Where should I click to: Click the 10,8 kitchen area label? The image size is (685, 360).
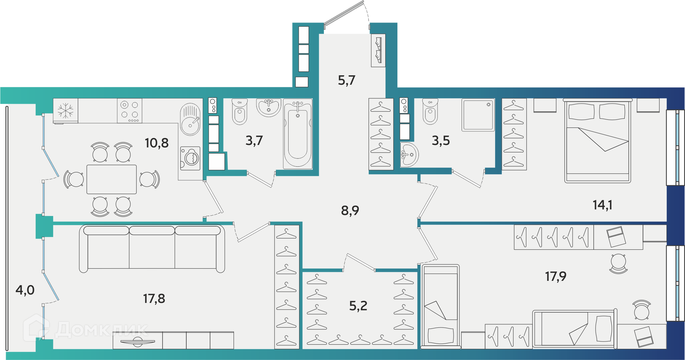157,143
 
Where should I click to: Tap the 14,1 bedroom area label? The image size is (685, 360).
602,205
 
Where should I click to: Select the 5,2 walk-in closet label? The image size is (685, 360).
358,306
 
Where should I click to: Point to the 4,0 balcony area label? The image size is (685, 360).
25,290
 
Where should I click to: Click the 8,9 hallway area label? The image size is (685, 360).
350,211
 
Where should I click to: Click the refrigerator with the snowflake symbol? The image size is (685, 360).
66,111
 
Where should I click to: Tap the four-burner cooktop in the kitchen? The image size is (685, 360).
130,111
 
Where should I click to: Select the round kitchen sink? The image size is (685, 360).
190,119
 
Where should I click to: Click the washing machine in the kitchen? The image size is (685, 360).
190,158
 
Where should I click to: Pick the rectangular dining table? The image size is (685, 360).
112,179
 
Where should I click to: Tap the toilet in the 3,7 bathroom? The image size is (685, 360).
239,111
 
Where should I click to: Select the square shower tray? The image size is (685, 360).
478,115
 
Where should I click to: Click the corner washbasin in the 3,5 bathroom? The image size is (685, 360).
409,154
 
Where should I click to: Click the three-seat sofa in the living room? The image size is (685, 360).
152,248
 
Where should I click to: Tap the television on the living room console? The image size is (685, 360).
138,342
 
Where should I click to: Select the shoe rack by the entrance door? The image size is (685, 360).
378,50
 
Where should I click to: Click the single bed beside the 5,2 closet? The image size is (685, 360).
440,306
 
